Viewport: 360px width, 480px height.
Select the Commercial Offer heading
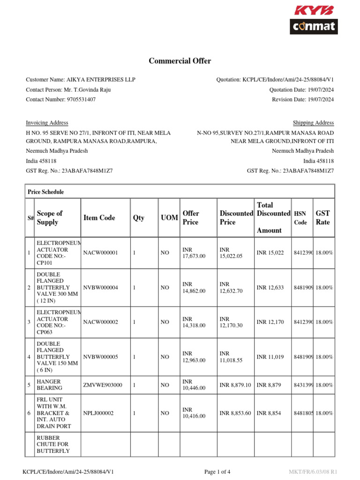pos(180,61)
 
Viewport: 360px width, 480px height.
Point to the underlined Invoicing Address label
pos(47,123)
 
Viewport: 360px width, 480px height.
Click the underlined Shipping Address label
pos(313,123)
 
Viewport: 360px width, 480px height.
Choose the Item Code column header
pos(99,218)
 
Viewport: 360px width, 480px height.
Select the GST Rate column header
pos(323,217)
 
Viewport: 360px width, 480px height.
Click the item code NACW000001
pos(100,253)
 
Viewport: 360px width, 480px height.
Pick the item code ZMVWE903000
pos(103,385)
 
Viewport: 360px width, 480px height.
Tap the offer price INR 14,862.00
pos(194,287)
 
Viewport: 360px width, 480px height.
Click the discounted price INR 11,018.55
pos(231,357)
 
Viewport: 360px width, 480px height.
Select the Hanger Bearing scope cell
pos(49,385)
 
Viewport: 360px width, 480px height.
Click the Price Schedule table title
pos(46,192)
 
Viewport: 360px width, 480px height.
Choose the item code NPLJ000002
pos(99,413)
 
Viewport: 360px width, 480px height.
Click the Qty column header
pos(139,218)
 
